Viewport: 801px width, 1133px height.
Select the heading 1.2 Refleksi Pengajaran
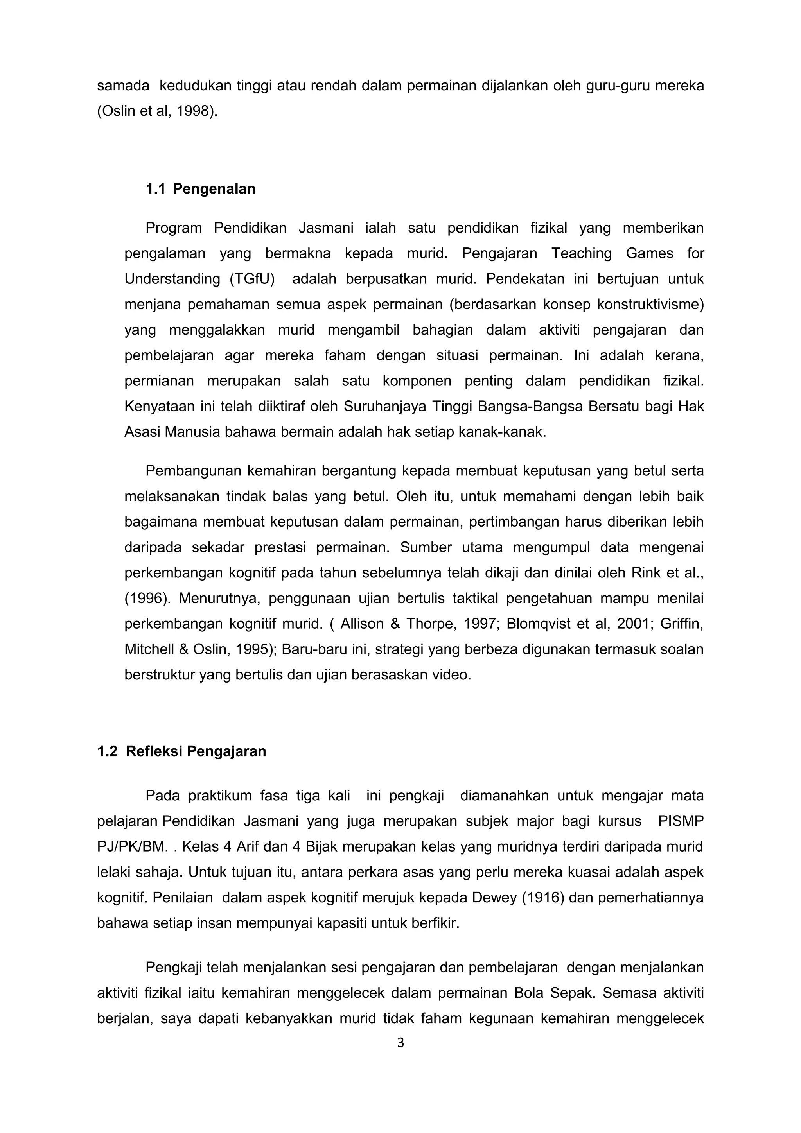click(x=181, y=751)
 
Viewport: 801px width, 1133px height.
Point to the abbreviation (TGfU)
click(x=252, y=279)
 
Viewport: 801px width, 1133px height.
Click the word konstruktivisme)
click(x=650, y=305)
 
